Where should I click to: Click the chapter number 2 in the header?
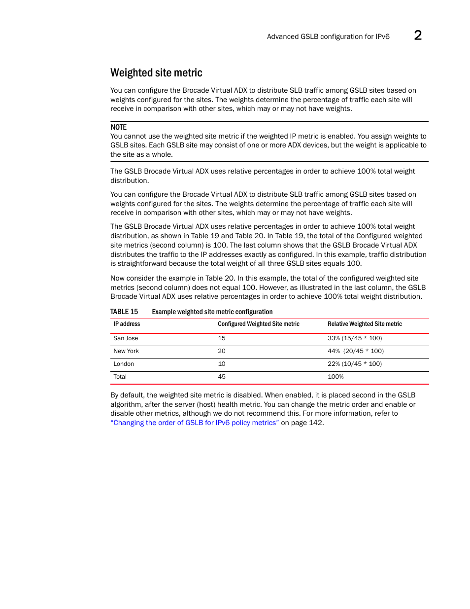tap(417, 36)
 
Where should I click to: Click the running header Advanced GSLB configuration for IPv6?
tap(328, 36)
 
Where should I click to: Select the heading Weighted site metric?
tap(156, 73)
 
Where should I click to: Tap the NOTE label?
tap(118, 127)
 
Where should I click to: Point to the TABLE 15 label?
tap(124, 312)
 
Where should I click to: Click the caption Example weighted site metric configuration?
tap(212, 312)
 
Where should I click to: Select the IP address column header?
tap(127, 324)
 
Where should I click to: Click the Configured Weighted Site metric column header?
tap(258, 324)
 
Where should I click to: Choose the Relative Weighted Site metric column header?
tap(365, 324)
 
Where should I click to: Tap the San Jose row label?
tap(126, 338)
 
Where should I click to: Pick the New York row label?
tap(126, 351)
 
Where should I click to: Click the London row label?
tap(124, 364)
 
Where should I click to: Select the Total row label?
tap(120, 377)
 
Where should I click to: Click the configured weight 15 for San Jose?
tap(222, 338)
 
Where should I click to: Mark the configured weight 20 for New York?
tap(222, 351)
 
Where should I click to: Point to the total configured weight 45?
tap(222, 377)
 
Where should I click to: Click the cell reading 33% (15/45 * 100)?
tap(355, 338)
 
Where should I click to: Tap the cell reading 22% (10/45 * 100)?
tap(355, 364)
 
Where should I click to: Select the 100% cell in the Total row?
tap(336, 377)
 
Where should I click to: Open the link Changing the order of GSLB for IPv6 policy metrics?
tap(195, 423)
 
